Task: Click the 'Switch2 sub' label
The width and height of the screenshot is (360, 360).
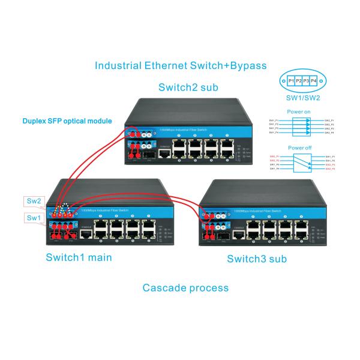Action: coord(188,88)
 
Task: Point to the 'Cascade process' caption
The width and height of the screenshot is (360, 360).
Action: coord(185,287)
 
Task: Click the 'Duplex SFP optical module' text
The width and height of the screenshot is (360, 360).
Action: coord(67,121)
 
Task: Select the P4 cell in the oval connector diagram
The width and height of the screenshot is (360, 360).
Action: coord(314,80)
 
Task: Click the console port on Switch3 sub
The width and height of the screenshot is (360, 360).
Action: coord(239,235)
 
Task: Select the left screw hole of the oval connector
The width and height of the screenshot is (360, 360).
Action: coord(283,80)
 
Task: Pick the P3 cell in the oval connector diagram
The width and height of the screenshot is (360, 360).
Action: coord(307,80)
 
